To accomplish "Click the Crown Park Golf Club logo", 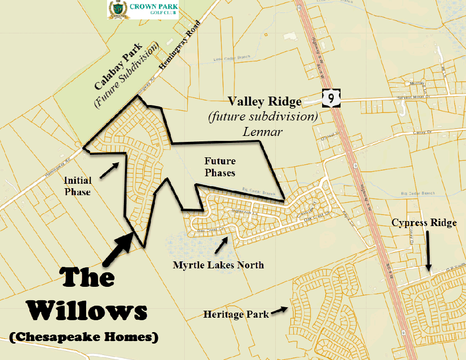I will click(x=143, y=9).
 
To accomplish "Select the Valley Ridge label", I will click(x=265, y=102).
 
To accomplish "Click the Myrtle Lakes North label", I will click(x=218, y=265).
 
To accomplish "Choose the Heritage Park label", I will click(x=236, y=314).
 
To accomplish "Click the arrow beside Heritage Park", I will click(x=280, y=310).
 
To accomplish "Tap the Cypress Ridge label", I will click(x=424, y=223).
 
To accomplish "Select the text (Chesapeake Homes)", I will click(x=83, y=337).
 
